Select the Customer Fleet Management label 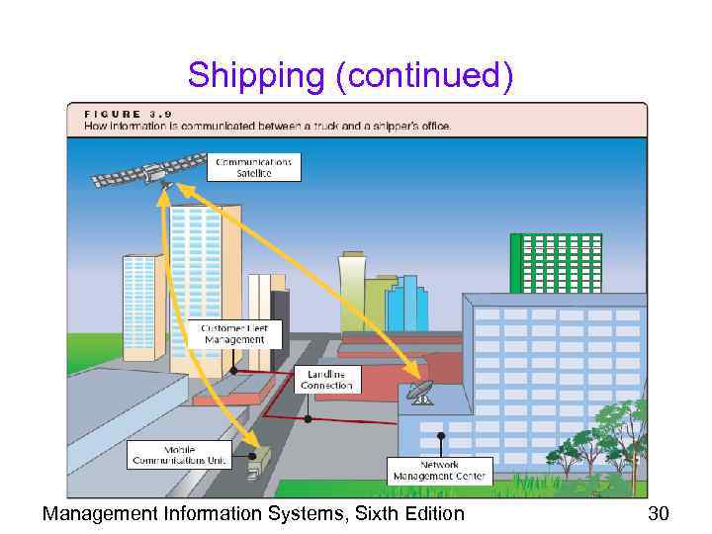234,333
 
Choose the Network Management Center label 439,470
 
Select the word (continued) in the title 424,75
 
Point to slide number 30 658,513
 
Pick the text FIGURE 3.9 129,114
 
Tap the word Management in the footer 98,513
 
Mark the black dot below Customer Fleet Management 234,371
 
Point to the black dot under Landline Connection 309,418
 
